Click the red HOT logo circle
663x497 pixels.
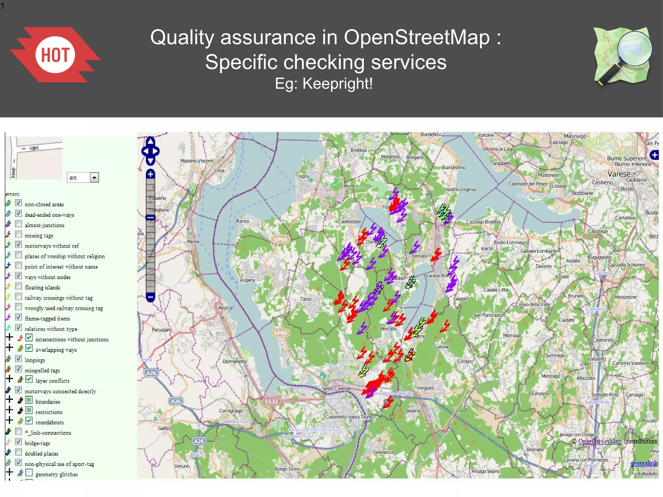[x=55, y=54]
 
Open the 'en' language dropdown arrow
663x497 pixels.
[x=94, y=178]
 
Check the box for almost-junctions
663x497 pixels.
[x=19, y=224]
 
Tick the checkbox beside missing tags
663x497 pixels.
[x=19, y=234]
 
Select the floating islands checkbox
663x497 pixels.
[x=19, y=286]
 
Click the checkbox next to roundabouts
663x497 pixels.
[x=29, y=421]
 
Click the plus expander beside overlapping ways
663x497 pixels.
[x=10, y=348]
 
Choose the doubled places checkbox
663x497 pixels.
[x=19, y=452]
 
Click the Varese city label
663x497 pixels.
[x=619, y=174]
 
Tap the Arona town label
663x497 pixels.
[x=225, y=308]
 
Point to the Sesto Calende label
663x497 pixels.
[x=337, y=388]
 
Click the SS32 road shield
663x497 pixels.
[x=271, y=401]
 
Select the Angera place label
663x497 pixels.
[x=247, y=280]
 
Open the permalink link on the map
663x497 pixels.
[x=644, y=463]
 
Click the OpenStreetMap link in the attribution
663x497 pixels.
[x=600, y=441]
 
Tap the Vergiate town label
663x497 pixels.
[x=425, y=388]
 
